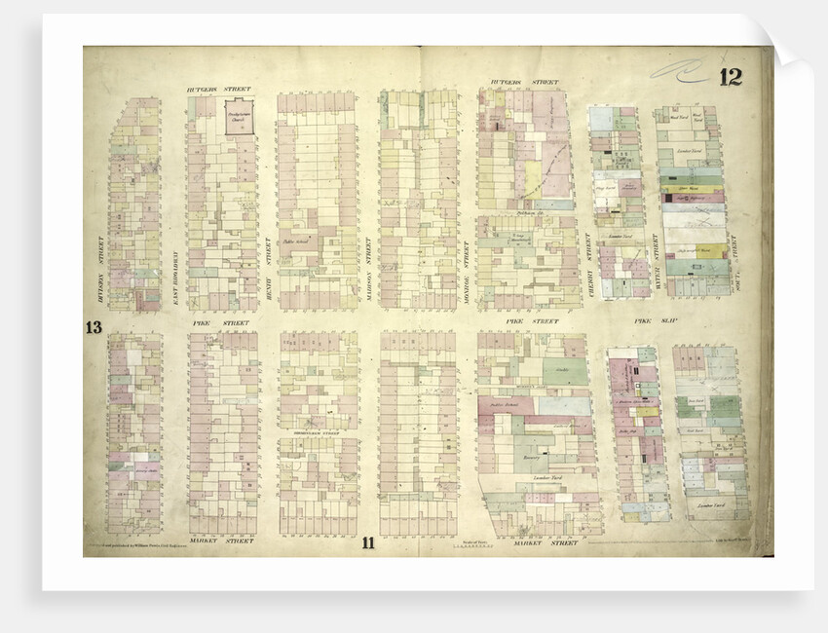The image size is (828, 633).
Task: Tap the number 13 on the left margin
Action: click(x=94, y=327)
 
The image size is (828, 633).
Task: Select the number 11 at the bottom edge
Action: click(x=367, y=543)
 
